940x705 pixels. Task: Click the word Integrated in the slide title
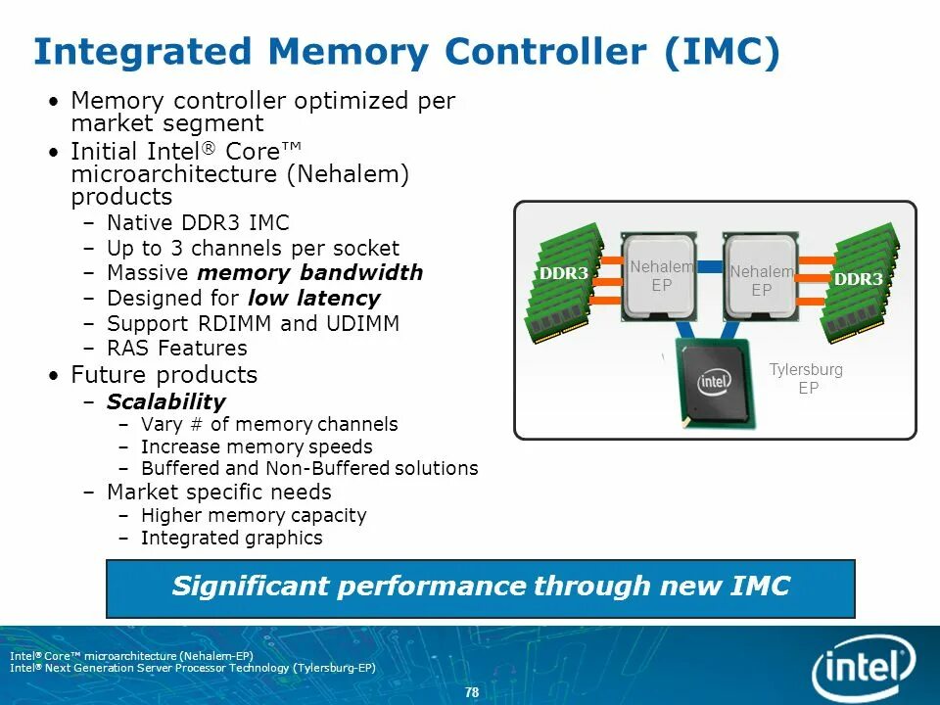(143, 52)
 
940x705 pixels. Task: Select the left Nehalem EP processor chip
(661, 276)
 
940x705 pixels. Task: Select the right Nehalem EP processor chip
(762, 276)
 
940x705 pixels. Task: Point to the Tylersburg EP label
(806, 379)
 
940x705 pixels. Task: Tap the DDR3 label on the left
(563, 273)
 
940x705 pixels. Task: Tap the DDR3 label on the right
(859, 279)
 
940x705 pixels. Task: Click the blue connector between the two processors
(710, 267)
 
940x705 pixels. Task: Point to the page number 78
(472, 692)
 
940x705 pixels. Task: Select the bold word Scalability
(165, 401)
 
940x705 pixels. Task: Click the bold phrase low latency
(313, 298)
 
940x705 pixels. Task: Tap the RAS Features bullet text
(176, 348)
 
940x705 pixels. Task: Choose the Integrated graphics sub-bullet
(231, 538)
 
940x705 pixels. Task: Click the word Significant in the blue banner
(251, 587)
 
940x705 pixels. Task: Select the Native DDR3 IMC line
(198, 222)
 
